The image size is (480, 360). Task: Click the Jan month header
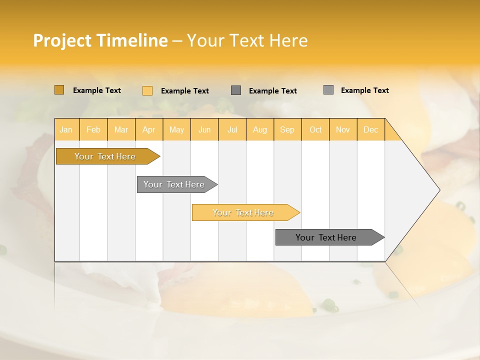pos(66,129)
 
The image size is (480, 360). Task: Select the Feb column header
pos(93,129)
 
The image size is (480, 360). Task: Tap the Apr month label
pos(148,129)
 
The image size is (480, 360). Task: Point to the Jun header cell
pos(204,129)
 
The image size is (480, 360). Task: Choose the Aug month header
pos(259,129)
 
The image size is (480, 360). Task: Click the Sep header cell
pos(287,129)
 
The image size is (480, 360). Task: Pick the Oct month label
pos(315,129)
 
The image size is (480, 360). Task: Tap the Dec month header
pos(370,129)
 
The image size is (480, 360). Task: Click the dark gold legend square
pos(59,90)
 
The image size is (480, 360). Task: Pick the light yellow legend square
pos(147,90)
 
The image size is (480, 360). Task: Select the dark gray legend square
pos(236,90)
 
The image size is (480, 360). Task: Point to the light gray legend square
pos(328,90)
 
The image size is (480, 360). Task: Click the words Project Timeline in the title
pos(100,40)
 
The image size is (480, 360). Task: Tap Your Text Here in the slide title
pos(247,40)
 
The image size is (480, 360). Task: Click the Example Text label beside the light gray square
pos(364,90)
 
